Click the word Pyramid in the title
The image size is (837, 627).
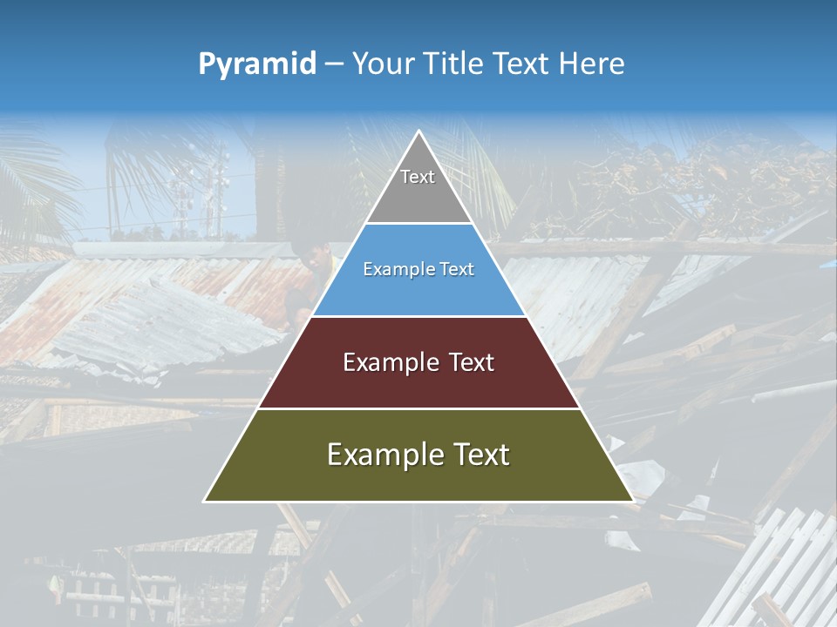point(257,64)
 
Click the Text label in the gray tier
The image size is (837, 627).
point(418,177)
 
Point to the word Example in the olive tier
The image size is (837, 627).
point(383,455)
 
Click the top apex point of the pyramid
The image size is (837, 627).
point(418,131)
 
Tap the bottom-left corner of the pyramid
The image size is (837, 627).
point(205,501)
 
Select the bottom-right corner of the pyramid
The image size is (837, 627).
point(632,501)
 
